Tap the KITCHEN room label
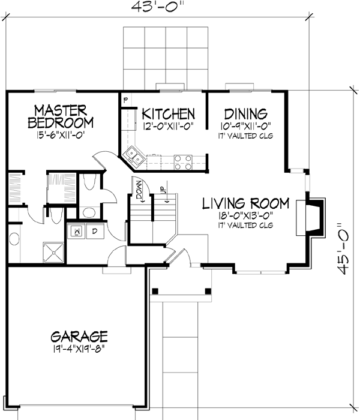tap(167, 113)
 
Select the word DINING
tap(245, 113)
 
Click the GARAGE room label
tap(79, 335)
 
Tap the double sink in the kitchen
tap(136, 159)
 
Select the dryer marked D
tap(95, 230)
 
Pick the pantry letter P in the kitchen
tap(126, 100)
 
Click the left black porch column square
tap(155, 292)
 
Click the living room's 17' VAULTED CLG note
tap(245, 225)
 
